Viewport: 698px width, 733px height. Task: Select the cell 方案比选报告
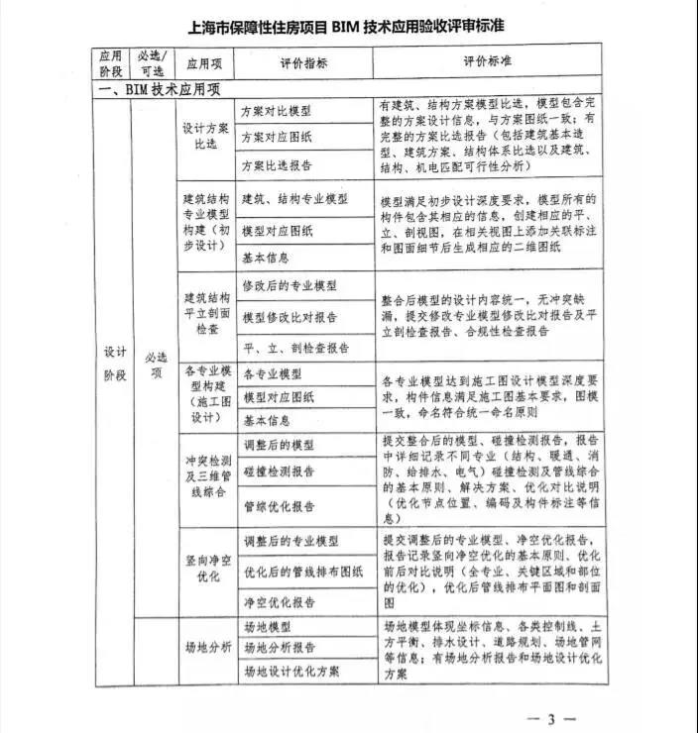tap(277, 164)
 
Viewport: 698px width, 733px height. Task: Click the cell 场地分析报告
tap(277, 648)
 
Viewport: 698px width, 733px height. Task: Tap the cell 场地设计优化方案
tap(290, 671)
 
